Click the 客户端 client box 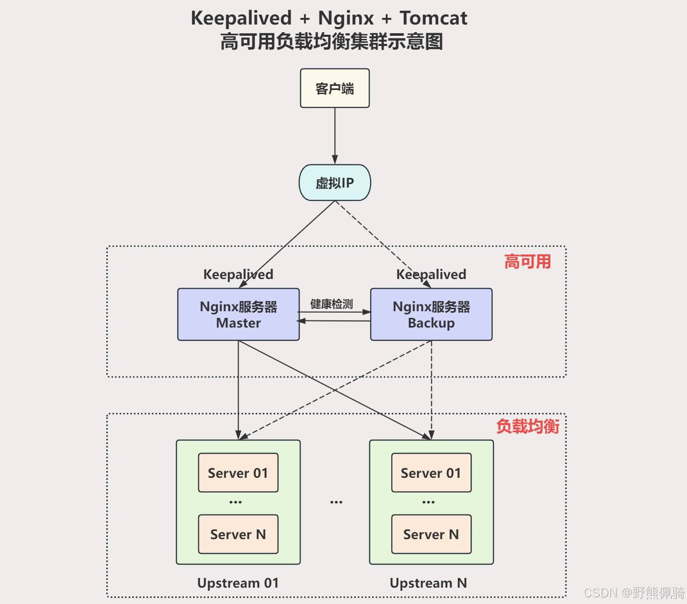coord(335,88)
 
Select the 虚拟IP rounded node coord(335,182)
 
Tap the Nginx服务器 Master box coord(238,314)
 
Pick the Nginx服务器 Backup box coord(431,314)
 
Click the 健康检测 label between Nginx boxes coord(332,304)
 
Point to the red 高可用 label coord(528,262)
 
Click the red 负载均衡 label coord(528,426)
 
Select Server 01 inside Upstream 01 coord(238,473)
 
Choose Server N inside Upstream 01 coord(238,534)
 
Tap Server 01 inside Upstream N coord(431,473)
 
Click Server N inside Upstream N coord(431,534)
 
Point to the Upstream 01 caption coord(238,583)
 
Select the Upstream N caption coord(428,583)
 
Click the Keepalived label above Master coord(238,274)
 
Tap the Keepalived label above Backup coord(431,274)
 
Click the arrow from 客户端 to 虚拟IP coord(335,135)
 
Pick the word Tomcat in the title coord(433,18)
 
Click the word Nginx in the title coord(346,18)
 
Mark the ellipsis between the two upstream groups coord(336,502)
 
